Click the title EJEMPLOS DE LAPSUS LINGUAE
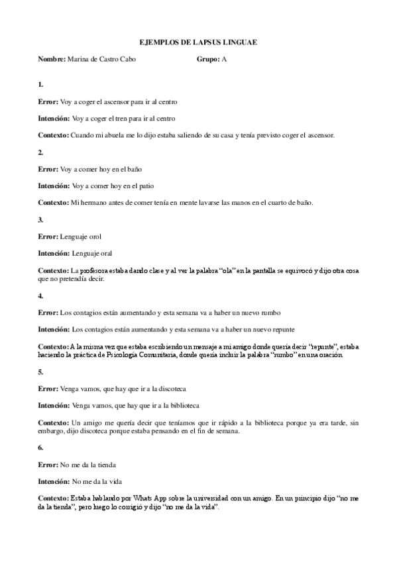pyautogui.click(x=199, y=42)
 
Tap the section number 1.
pyautogui.click(x=40, y=85)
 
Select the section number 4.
pyautogui.click(x=40, y=295)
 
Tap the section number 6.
pyautogui.click(x=40, y=447)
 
